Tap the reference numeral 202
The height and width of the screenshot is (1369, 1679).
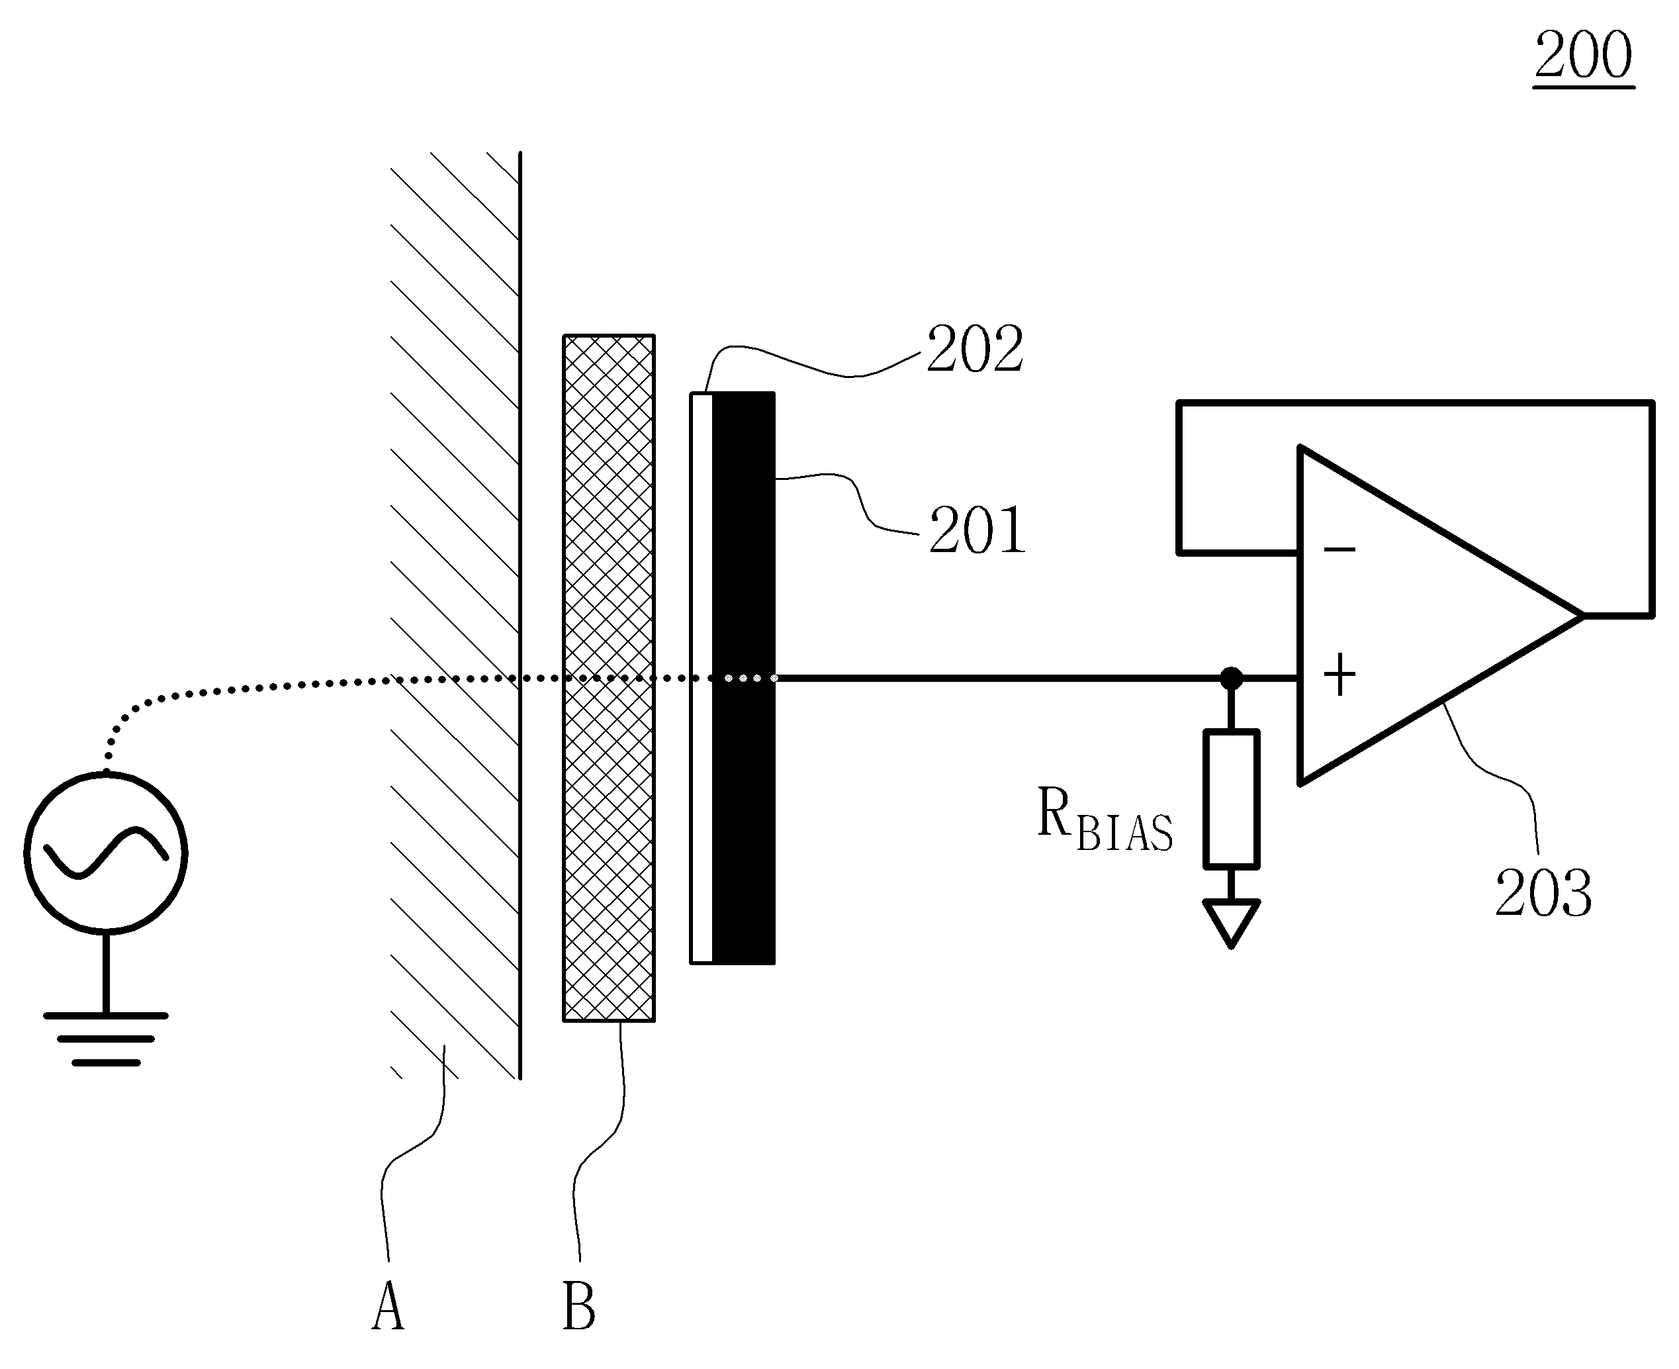pos(974,349)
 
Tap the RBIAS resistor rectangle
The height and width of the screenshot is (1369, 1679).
pos(1231,799)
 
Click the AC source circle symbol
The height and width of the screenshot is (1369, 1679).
pos(106,853)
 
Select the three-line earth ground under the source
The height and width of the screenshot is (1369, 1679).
pos(106,1039)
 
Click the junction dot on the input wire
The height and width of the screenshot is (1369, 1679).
pos(1231,678)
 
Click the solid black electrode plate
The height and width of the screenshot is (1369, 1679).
pos(743,678)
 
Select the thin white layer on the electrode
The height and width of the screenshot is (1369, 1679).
pos(702,678)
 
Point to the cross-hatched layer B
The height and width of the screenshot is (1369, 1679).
pos(609,678)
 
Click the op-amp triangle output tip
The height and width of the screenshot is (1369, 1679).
pos(1582,615)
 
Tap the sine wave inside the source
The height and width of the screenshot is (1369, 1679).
pos(106,852)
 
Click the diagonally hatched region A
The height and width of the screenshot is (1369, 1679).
pos(455,615)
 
